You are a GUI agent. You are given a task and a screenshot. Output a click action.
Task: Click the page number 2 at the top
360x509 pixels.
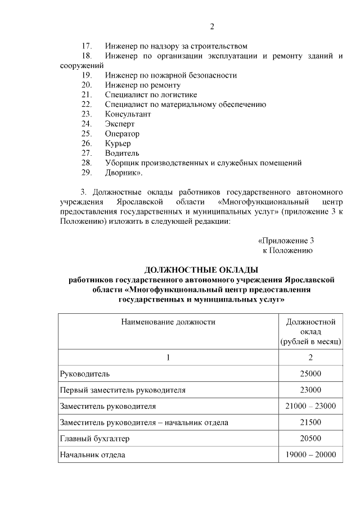211,26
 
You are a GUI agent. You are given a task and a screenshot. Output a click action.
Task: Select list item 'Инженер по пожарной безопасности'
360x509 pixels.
170,75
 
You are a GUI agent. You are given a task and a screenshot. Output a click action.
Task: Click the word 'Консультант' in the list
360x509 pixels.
128,114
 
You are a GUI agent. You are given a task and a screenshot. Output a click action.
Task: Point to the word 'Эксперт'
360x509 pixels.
120,124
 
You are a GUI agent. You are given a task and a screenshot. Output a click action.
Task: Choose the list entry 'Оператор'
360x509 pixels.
122,134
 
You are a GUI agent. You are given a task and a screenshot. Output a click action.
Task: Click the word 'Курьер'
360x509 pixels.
118,143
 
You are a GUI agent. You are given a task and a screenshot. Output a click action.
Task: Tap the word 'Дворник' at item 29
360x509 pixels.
122,173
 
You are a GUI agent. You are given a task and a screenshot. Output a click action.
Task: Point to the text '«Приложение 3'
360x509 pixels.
285,241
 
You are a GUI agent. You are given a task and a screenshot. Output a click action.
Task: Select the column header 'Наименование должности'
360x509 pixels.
168,322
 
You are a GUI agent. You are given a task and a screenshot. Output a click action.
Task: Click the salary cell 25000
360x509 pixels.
310,373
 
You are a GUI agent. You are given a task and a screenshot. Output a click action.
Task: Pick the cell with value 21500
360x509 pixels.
310,422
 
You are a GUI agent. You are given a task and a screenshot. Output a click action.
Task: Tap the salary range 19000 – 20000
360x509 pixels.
310,454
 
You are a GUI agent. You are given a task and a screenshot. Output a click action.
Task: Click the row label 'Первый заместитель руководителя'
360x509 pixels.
123,390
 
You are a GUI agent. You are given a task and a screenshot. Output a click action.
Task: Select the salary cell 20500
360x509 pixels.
310,438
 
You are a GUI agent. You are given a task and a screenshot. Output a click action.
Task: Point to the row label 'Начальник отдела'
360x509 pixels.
93,454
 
